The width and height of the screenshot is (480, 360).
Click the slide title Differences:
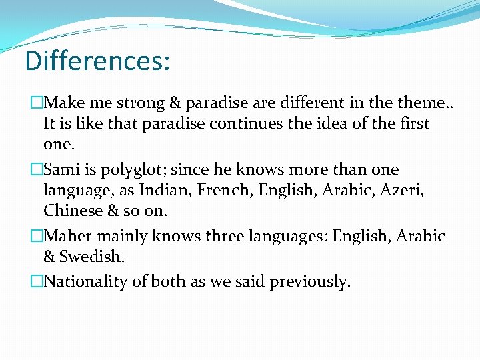(x=97, y=60)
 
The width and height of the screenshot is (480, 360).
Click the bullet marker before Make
(x=36, y=103)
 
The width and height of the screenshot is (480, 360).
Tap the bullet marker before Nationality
(x=36, y=281)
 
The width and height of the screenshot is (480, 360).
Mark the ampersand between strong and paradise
(x=175, y=103)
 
